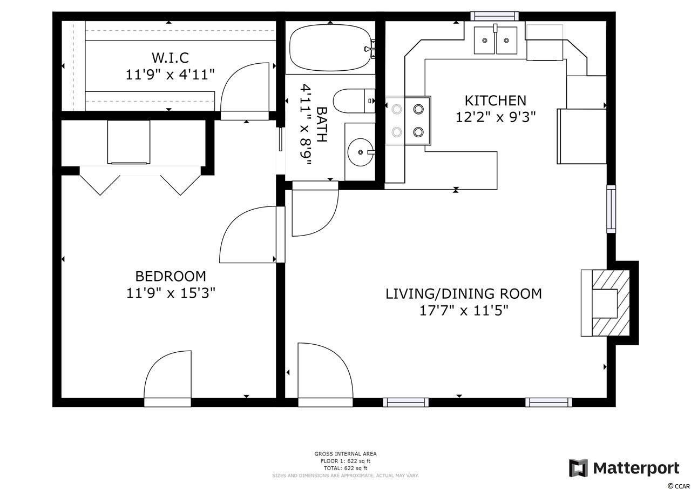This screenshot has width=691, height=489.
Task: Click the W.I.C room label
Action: [x=170, y=58]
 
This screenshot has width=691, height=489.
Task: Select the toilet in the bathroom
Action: [x=354, y=101]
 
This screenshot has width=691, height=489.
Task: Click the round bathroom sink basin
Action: [x=360, y=152]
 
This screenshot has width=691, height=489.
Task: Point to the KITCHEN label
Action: [x=496, y=101]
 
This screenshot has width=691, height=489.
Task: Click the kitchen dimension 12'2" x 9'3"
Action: [x=496, y=117]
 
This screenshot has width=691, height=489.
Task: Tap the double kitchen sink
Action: [x=496, y=40]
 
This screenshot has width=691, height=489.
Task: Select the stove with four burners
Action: [x=408, y=120]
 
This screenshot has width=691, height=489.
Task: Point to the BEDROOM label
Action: [x=171, y=276]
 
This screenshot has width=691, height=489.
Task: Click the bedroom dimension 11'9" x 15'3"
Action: [x=171, y=293]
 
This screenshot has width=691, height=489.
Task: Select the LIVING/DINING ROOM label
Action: [x=464, y=293]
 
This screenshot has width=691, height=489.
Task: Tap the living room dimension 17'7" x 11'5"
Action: [x=464, y=311]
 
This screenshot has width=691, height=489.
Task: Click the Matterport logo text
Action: [x=636, y=468]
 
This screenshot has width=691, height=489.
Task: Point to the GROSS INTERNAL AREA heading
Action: [x=345, y=454]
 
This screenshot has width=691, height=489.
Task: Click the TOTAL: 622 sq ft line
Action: [x=345, y=468]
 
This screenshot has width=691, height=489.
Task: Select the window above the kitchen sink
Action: [x=494, y=16]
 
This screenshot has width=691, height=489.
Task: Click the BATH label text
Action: [x=322, y=124]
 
